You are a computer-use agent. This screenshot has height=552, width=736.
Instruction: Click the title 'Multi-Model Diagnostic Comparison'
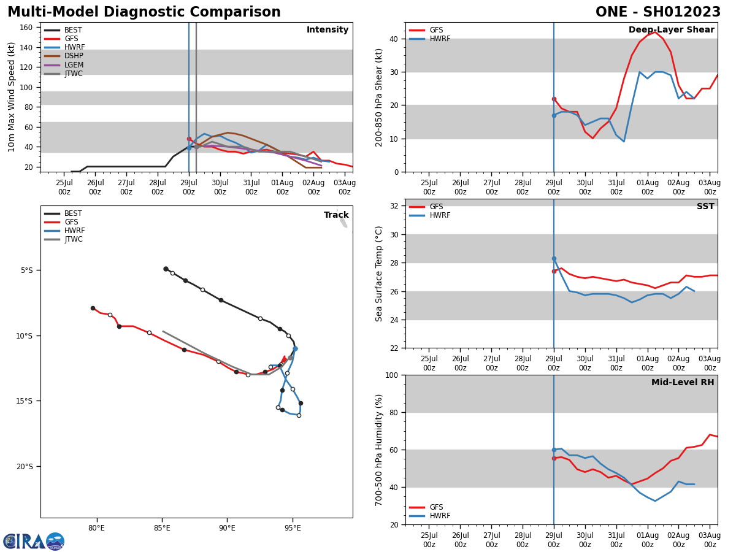click(144, 12)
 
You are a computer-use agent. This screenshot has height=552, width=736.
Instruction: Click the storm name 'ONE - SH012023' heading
click(657, 12)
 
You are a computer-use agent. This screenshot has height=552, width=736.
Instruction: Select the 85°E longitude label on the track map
click(162, 528)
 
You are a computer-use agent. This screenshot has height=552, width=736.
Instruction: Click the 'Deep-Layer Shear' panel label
click(671, 30)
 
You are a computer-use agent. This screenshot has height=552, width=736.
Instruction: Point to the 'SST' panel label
click(705, 207)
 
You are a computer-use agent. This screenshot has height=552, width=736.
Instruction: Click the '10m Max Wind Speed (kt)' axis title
click(12, 96)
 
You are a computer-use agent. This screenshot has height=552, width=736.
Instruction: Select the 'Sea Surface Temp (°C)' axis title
click(379, 274)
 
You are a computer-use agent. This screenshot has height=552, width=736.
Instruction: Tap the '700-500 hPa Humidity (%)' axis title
click(379, 450)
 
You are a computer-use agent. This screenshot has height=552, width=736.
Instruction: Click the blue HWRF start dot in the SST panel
click(554, 259)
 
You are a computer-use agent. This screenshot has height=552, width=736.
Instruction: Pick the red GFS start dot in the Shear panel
click(554, 99)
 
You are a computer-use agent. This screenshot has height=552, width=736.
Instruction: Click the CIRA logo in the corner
click(34, 541)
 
